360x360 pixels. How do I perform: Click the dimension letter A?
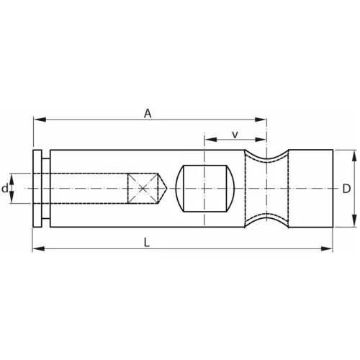pos(148,112)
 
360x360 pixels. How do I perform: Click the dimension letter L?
pos(147,243)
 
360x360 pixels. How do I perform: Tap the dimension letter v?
pos(235,135)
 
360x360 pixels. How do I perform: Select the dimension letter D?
pos(346,188)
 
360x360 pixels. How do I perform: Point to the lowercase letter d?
pos(5,189)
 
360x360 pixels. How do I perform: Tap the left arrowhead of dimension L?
pos(37,250)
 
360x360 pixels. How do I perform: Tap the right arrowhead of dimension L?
pos(329,250)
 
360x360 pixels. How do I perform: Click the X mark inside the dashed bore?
pos(144,189)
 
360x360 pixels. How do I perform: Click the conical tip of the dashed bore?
pos(165,189)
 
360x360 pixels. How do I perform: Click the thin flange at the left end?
pos(37,189)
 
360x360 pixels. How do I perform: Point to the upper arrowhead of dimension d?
pos(12,176)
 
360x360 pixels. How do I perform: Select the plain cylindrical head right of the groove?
pos(311,188)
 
